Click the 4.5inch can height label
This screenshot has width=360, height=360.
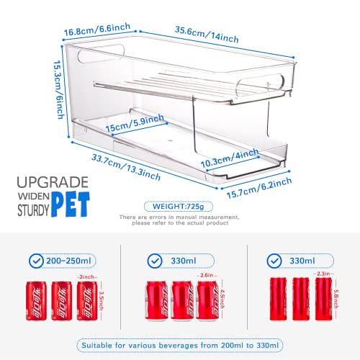tap(223, 297)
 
